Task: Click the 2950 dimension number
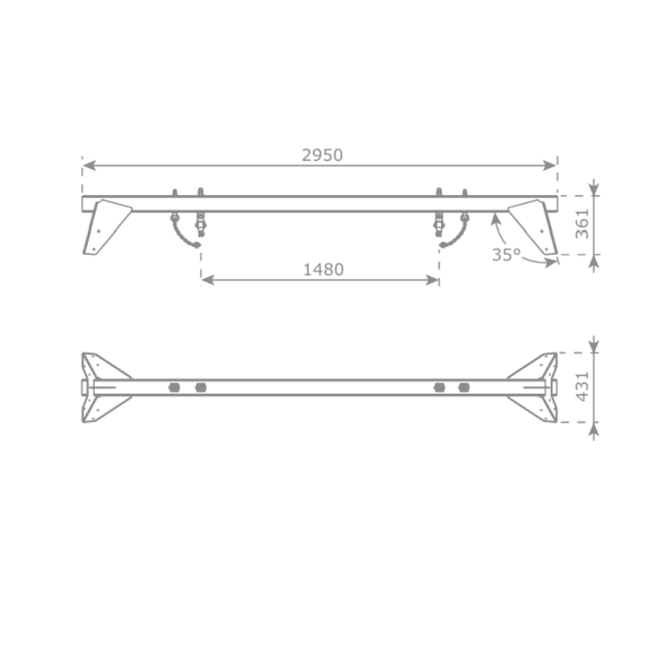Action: click(x=322, y=155)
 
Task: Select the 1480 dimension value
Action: click(x=324, y=270)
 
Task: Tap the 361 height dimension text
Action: click(x=582, y=224)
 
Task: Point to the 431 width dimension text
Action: click(x=582, y=386)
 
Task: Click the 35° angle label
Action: click(x=506, y=255)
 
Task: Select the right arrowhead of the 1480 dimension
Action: click(x=432, y=280)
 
